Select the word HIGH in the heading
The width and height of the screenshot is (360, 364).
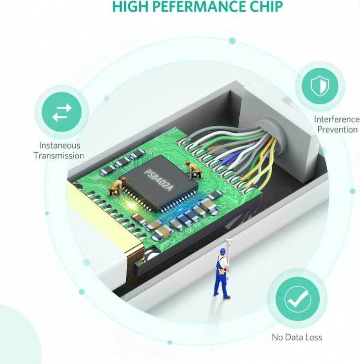coord(132,7)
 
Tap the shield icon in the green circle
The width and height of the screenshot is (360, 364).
coord(323,84)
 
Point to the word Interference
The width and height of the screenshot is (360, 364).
coord(337,119)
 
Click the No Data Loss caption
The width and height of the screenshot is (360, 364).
coord(296,337)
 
